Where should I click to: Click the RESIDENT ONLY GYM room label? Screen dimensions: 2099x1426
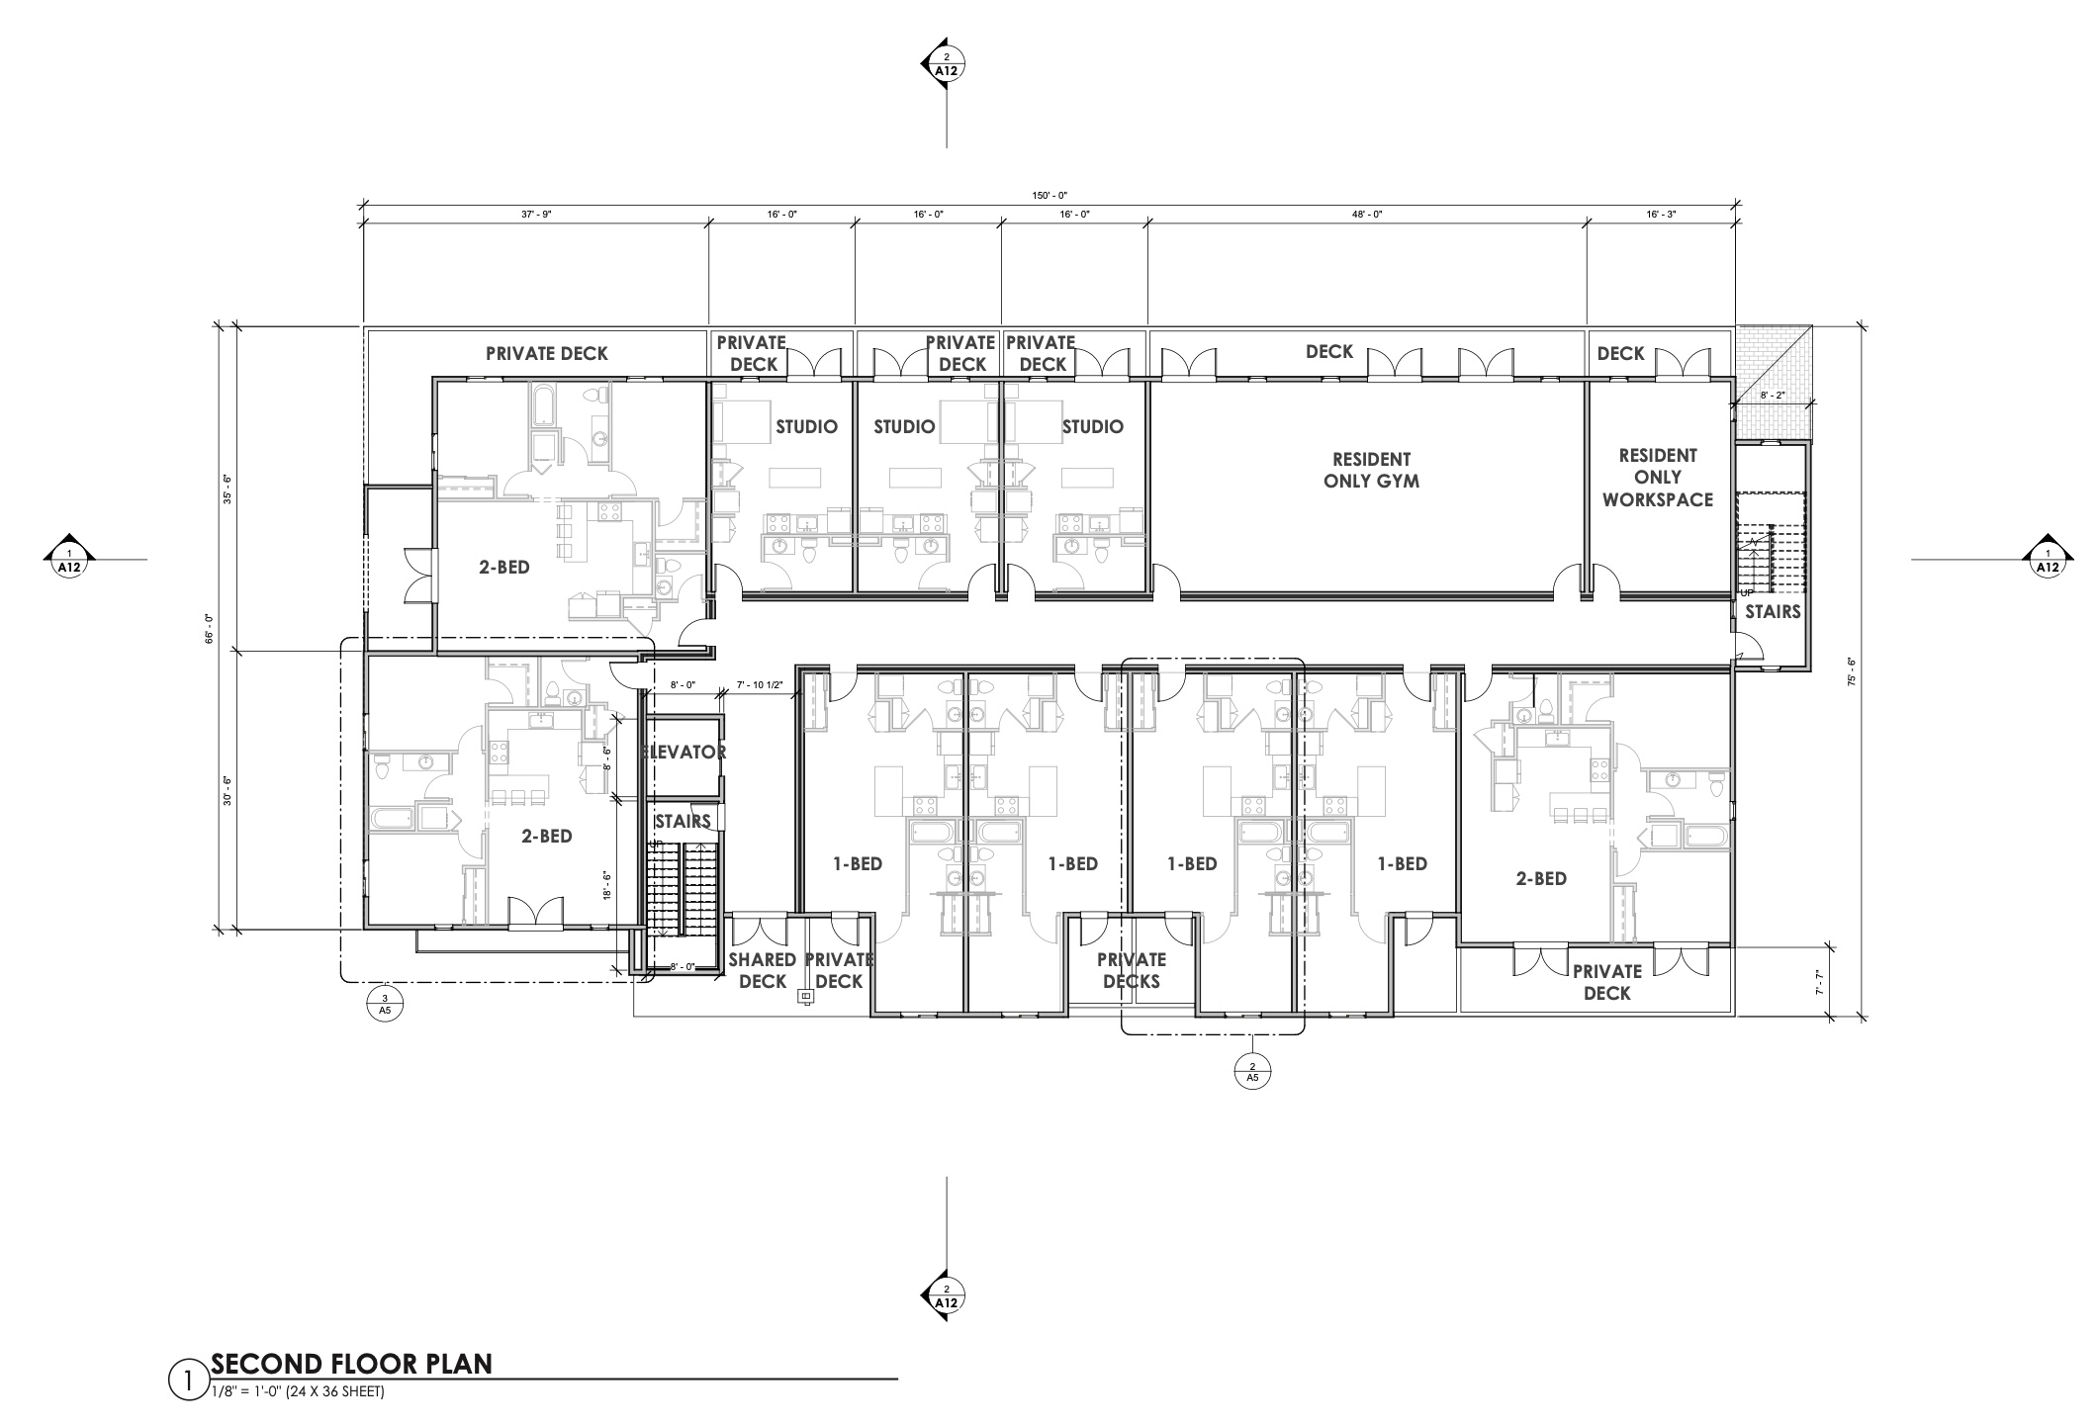click(1371, 470)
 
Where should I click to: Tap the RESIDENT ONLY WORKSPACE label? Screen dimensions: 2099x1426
click(1658, 478)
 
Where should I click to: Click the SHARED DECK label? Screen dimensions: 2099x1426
click(763, 970)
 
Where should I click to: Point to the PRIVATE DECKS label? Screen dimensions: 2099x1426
click(1132, 970)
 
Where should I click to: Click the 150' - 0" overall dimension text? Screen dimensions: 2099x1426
click(1050, 196)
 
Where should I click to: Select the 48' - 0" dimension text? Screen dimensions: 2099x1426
click(1367, 214)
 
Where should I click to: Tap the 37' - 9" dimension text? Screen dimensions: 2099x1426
click(535, 214)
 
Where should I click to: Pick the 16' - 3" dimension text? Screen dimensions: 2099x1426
click(1660, 214)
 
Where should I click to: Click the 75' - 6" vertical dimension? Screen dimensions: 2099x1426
click(1851, 671)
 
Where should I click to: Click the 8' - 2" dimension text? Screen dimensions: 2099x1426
click(1772, 395)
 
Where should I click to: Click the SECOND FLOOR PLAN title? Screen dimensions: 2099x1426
click(351, 1364)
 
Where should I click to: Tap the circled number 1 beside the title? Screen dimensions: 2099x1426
click(187, 1380)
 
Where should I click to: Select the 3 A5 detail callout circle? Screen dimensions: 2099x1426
click(385, 1005)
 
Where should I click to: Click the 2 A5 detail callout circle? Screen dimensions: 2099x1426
click(1252, 1072)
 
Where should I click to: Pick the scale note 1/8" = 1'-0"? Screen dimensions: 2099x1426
click(298, 1391)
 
